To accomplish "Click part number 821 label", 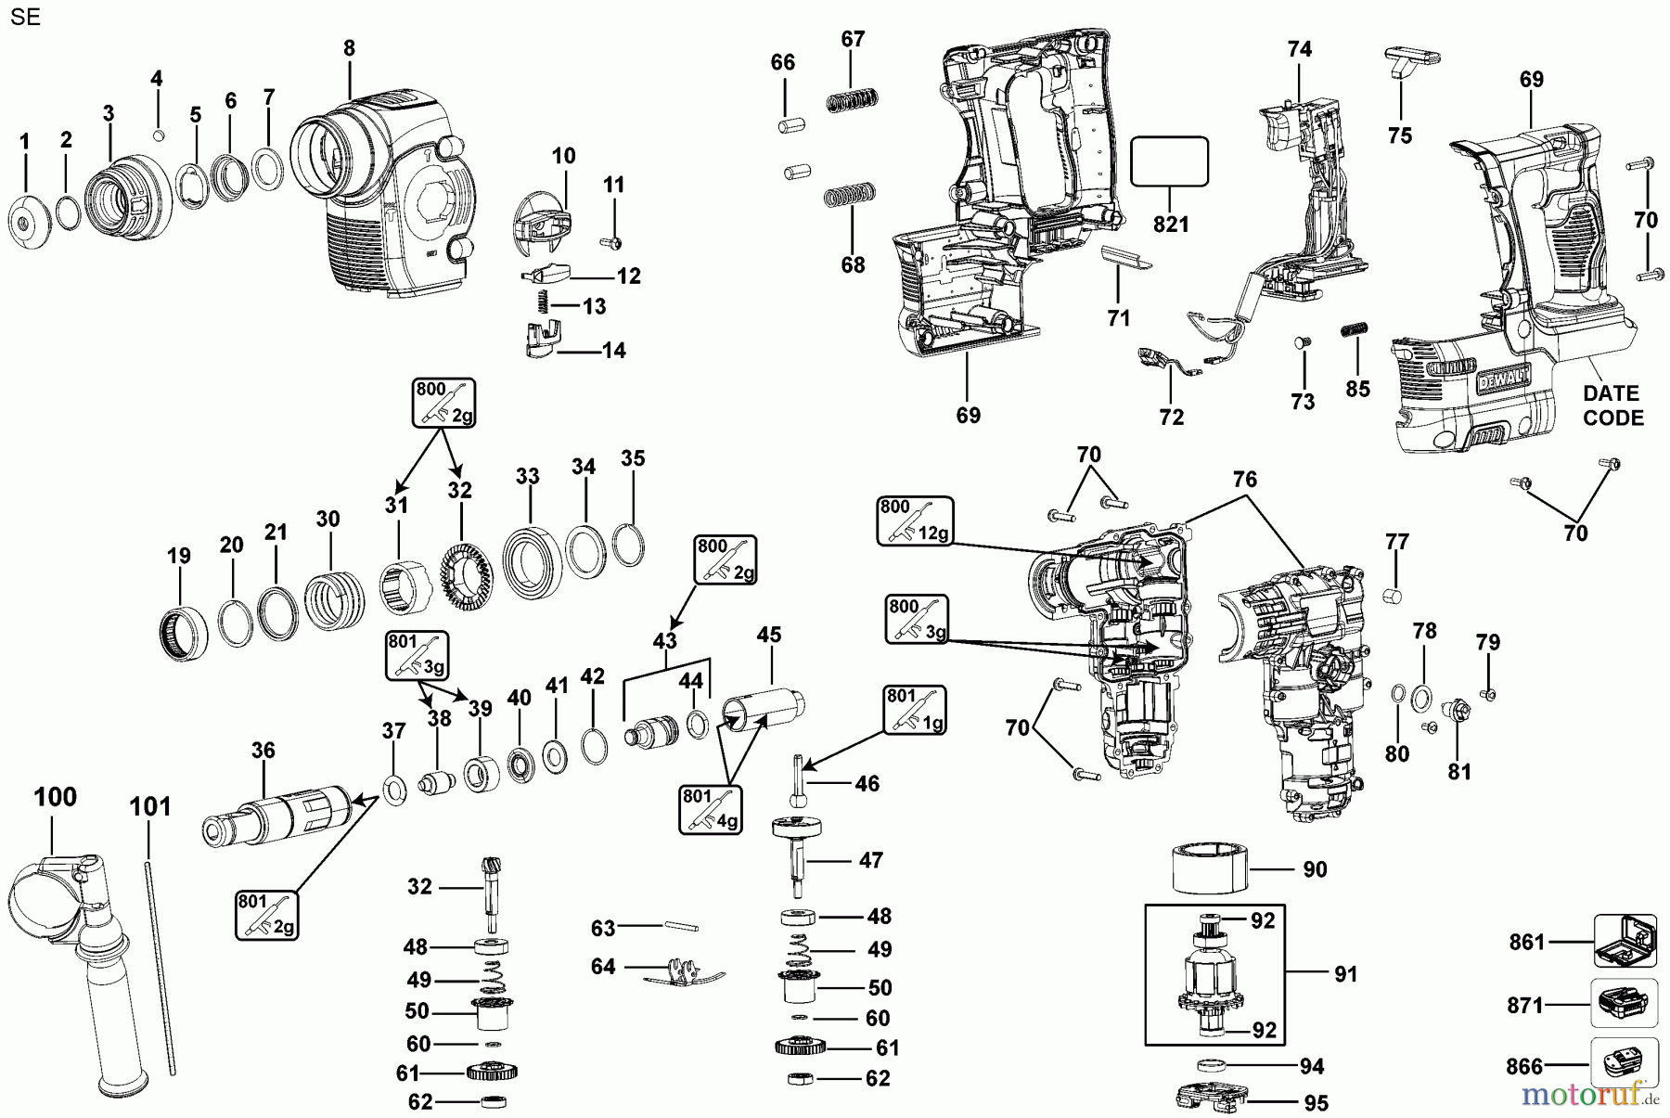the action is [x=1171, y=225].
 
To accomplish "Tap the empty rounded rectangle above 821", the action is [x=1170, y=161].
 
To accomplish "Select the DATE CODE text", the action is [x=1612, y=405].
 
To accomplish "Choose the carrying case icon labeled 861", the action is [x=1625, y=943].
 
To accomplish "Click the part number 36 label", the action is [x=263, y=750].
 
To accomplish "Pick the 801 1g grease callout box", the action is [x=915, y=710].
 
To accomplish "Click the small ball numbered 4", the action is [x=157, y=135].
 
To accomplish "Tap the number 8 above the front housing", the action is [x=349, y=48].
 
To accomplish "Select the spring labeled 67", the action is [x=852, y=98].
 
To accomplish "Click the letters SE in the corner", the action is [x=27, y=18].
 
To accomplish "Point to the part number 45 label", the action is [x=768, y=636].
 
